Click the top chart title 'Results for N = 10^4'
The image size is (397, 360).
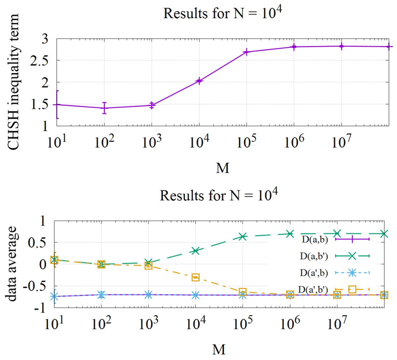coord(222,13)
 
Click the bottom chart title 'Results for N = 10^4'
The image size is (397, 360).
coord(219,195)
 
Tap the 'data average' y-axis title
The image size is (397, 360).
coord(12,264)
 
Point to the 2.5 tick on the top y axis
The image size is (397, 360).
coord(39,61)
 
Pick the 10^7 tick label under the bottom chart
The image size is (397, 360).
coord(337,323)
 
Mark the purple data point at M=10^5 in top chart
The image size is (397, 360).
coord(246,52)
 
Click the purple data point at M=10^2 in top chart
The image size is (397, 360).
coord(104,108)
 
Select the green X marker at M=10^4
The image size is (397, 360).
coord(196,250)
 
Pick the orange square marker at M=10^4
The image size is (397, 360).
coord(196,277)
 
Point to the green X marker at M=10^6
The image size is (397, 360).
coord(290,234)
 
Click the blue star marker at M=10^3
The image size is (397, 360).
coord(149,294)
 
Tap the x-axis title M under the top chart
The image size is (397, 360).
coord(223,168)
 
